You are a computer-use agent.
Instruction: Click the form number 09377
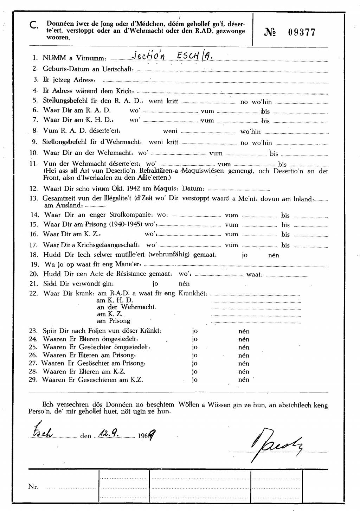[x=302, y=33]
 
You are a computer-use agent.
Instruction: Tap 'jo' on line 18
[x=245, y=255]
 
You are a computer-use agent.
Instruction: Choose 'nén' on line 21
[x=184, y=284]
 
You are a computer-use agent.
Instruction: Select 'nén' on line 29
[x=244, y=380]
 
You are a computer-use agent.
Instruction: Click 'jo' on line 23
[x=195, y=331]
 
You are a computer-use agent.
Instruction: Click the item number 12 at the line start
[x=34, y=189]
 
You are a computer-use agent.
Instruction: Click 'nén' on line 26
[x=244, y=356]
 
